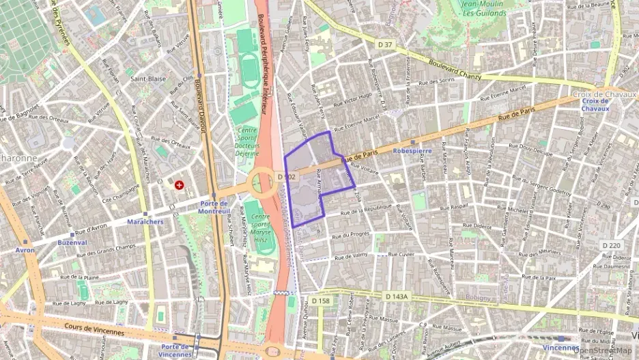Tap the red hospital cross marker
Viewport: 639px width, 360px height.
click(x=179, y=184)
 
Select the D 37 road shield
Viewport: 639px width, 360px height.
click(x=384, y=44)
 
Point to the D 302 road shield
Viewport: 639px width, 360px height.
click(x=287, y=177)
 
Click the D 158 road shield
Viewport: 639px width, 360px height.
click(x=321, y=301)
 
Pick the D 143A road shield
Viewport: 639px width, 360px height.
click(x=396, y=296)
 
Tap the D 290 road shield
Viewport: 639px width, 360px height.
click(x=602, y=205)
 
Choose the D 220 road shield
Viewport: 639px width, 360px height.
click(x=612, y=245)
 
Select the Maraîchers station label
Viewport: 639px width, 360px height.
click(x=145, y=221)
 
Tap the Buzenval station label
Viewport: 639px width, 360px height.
click(x=72, y=243)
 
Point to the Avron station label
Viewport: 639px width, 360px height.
click(x=25, y=250)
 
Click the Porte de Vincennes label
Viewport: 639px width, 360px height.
click(x=175, y=350)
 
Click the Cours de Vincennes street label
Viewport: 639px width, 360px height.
click(x=89, y=327)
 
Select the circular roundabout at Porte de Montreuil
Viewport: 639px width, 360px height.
click(x=262, y=182)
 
